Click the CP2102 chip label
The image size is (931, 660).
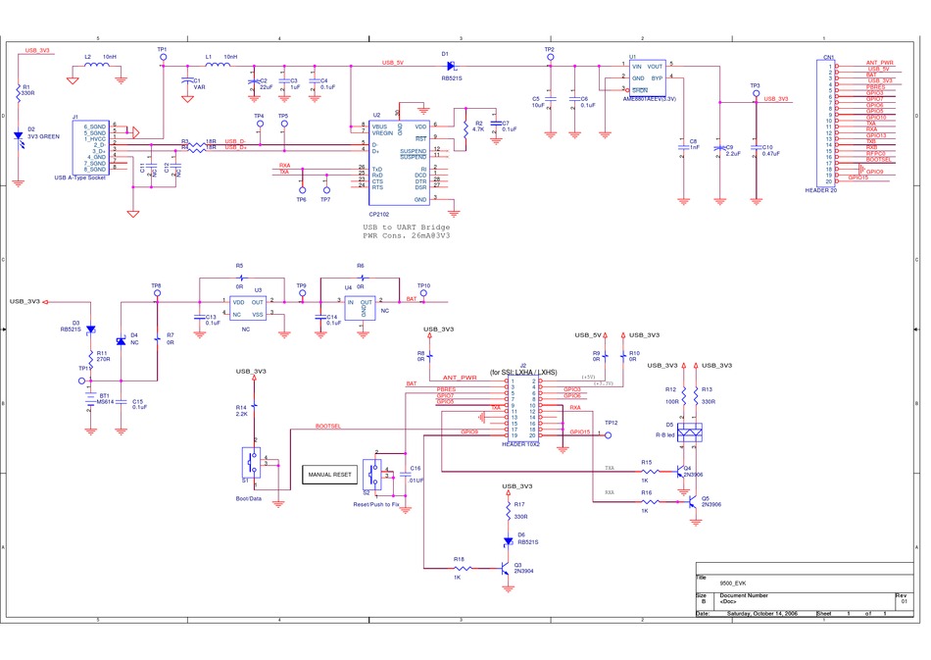coord(379,213)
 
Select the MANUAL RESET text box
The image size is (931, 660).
coord(329,475)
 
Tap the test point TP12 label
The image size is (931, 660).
coord(611,423)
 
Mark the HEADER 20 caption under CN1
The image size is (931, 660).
coord(820,190)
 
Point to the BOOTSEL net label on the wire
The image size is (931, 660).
coord(328,427)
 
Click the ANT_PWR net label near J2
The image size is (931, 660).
coord(459,377)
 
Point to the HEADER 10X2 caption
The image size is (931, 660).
coord(520,444)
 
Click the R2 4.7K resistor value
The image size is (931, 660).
coord(478,129)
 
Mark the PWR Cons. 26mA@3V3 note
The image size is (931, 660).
coord(407,235)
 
